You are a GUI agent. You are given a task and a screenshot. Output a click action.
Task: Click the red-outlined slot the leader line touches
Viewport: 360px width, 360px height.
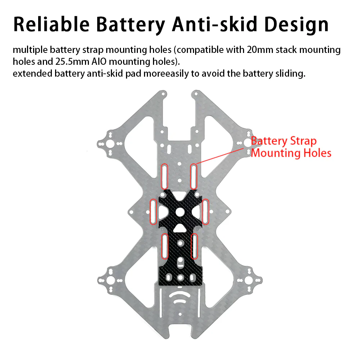click(194, 176)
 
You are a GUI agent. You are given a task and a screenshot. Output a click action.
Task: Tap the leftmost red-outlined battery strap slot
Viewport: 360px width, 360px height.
click(153, 211)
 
